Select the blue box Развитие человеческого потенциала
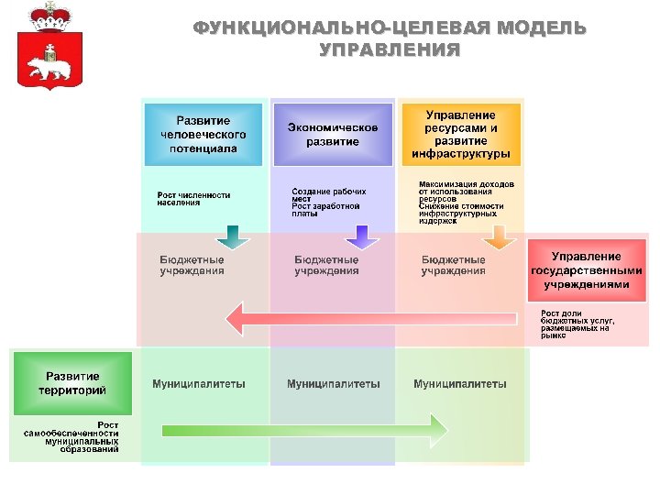(x=204, y=134)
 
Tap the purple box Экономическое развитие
(x=333, y=134)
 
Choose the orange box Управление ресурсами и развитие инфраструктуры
(x=460, y=134)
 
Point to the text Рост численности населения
(x=193, y=198)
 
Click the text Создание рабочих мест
(x=328, y=194)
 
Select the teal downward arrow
(x=233, y=238)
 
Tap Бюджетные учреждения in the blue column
(x=192, y=265)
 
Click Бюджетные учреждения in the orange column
(x=454, y=265)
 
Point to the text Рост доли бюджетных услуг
(x=577, y=325)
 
